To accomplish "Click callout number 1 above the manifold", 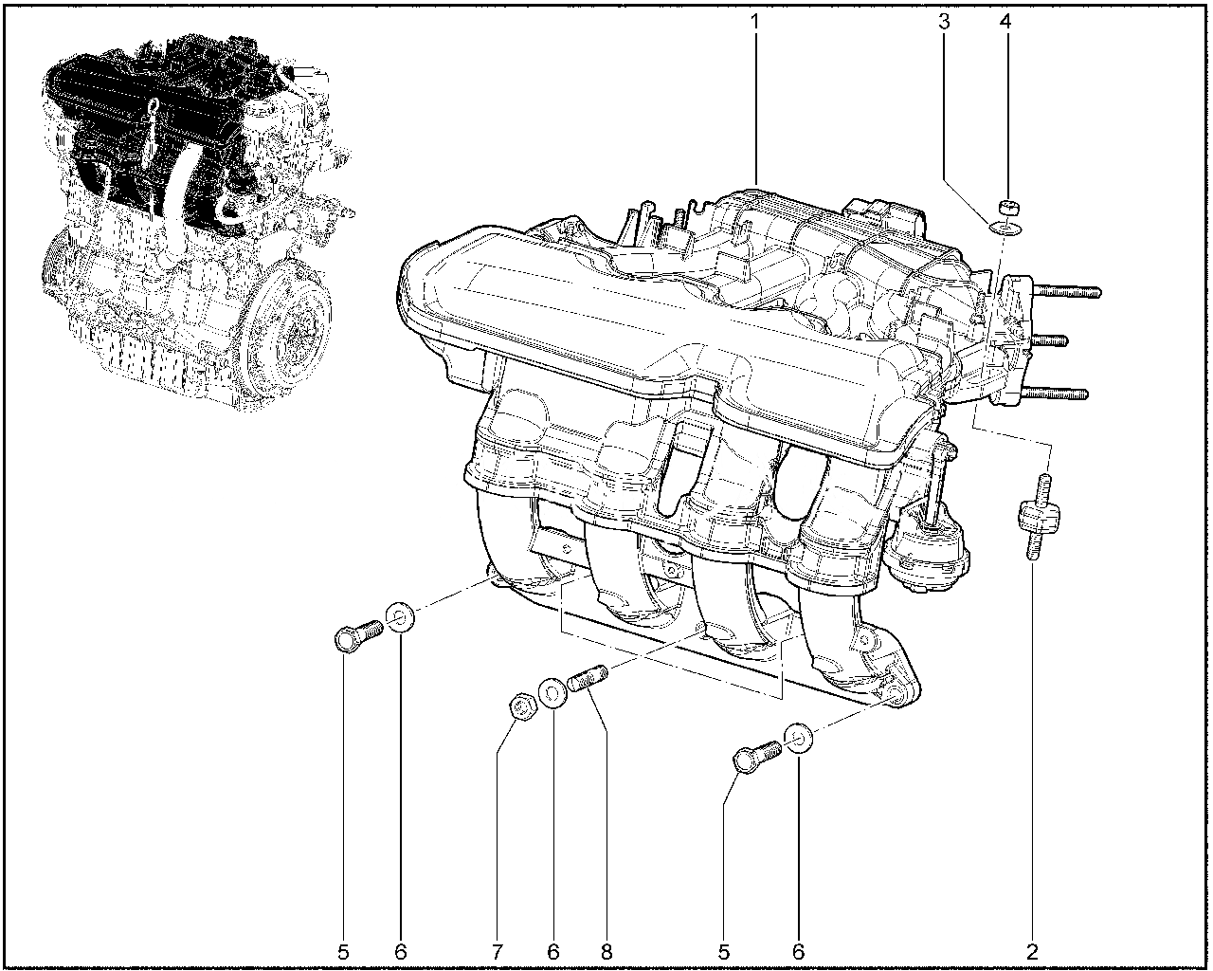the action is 754,23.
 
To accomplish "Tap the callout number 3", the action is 944,23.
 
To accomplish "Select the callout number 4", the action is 1005,23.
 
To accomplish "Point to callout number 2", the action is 1032,952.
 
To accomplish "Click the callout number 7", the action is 497,952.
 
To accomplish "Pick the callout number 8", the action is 606,952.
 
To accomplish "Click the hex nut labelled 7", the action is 522,707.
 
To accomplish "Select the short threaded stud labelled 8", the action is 588,679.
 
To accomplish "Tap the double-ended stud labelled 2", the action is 1039,517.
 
